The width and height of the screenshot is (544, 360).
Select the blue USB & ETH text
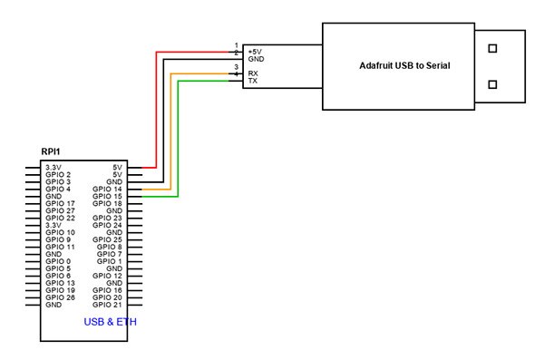click(x=111, y=322)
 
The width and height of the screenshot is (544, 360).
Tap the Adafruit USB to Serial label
click(x=404, y=66)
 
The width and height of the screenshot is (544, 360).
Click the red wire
click(x=157, y=109)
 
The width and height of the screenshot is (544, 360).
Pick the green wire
click(x=179, y=136)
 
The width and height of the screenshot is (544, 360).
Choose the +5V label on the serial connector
click(x=257, y=52)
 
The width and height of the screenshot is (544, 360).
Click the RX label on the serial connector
click(x=253, y=73)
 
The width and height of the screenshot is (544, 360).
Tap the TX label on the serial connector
click(x=253, y=81)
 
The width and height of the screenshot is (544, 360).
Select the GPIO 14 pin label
click(x=107, y=189)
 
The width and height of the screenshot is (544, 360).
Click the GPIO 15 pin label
click(x=107, y=196)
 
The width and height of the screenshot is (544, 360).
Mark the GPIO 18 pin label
click(x=107, y=203)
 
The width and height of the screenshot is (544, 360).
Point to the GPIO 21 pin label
click(x=107, y=305)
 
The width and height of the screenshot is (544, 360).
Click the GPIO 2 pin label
click(x=58, y=174)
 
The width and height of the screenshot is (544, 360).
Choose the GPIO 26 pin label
click(x=60, y=297)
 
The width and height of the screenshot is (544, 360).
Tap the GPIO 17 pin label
click(x=60, y=203)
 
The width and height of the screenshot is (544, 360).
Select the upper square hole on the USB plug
click(x=493, y=49)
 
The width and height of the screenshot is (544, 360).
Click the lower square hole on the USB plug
click(x=493, y=85)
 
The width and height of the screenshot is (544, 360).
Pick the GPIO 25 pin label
click(x=107, y=239)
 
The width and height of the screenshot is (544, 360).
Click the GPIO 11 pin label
click(x=60, y=247)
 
